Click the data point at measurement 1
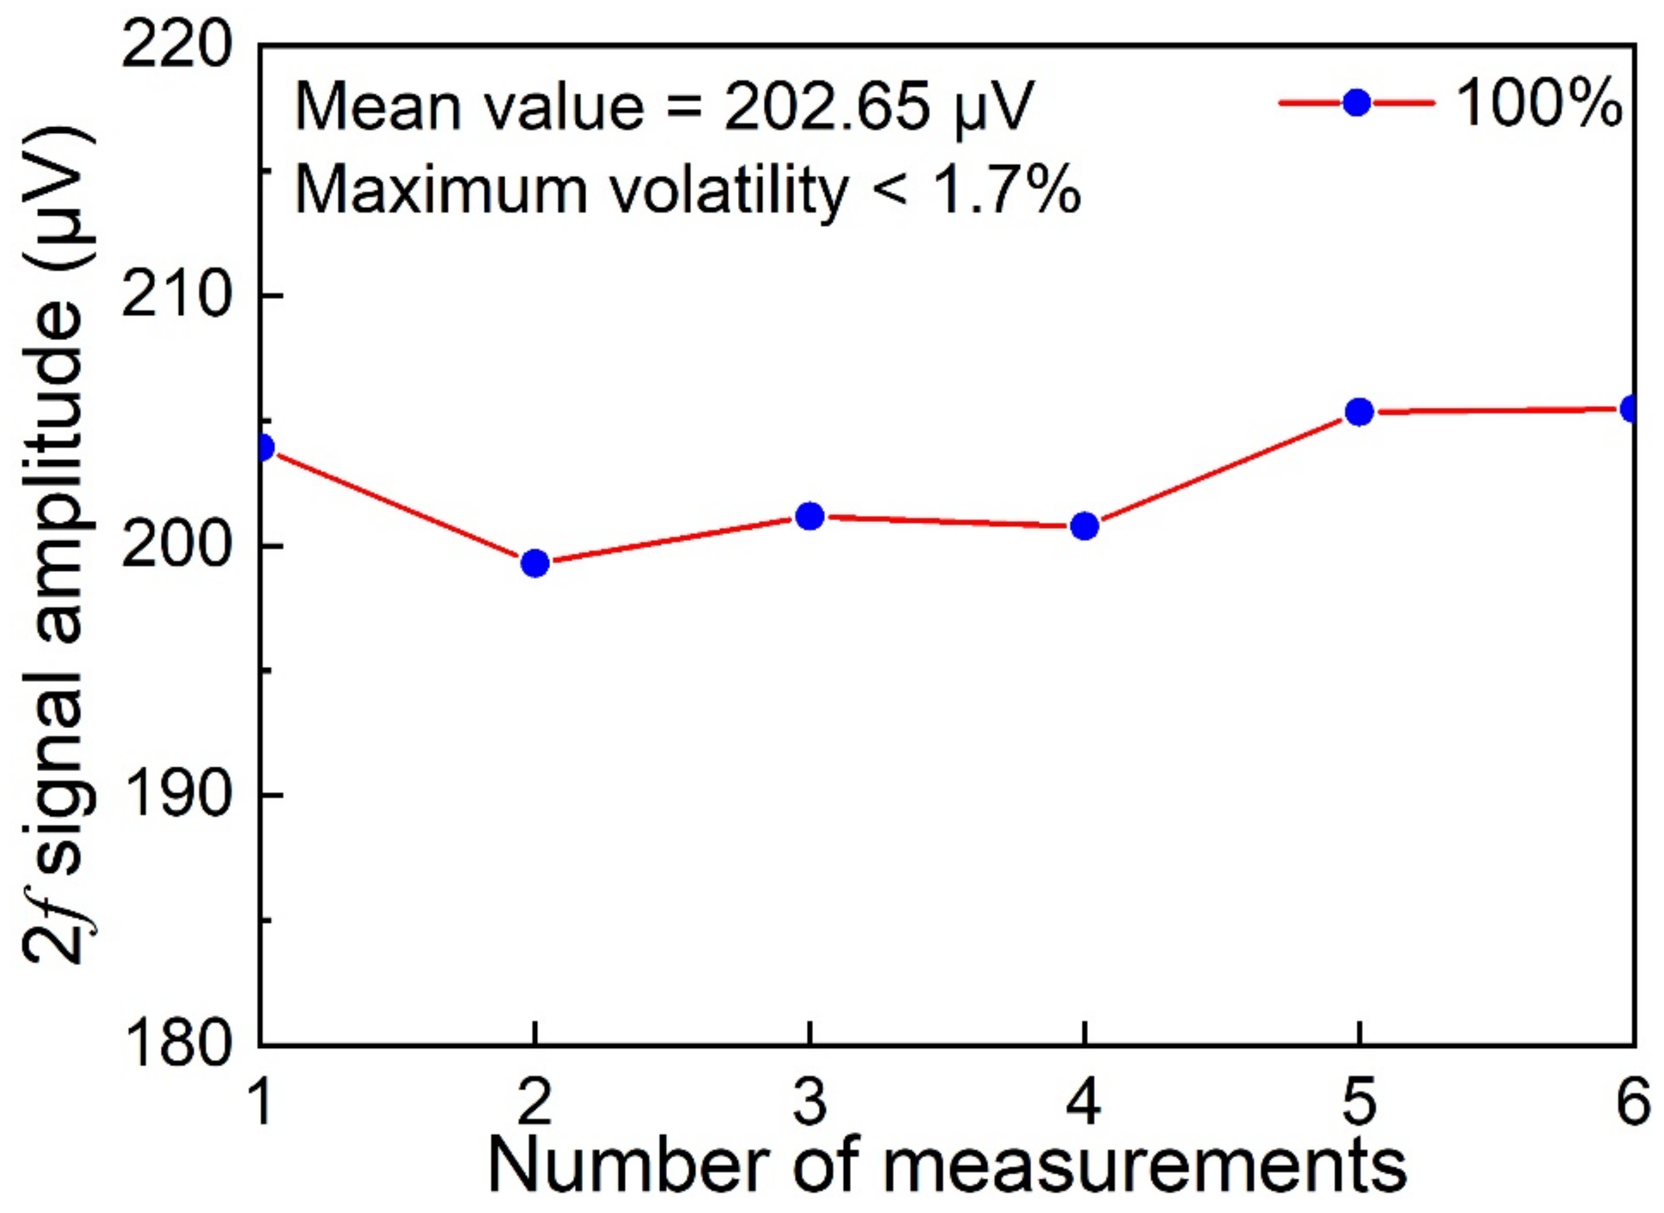[262, 447]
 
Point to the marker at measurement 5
[1359, 412]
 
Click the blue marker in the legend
[1356, 103]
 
